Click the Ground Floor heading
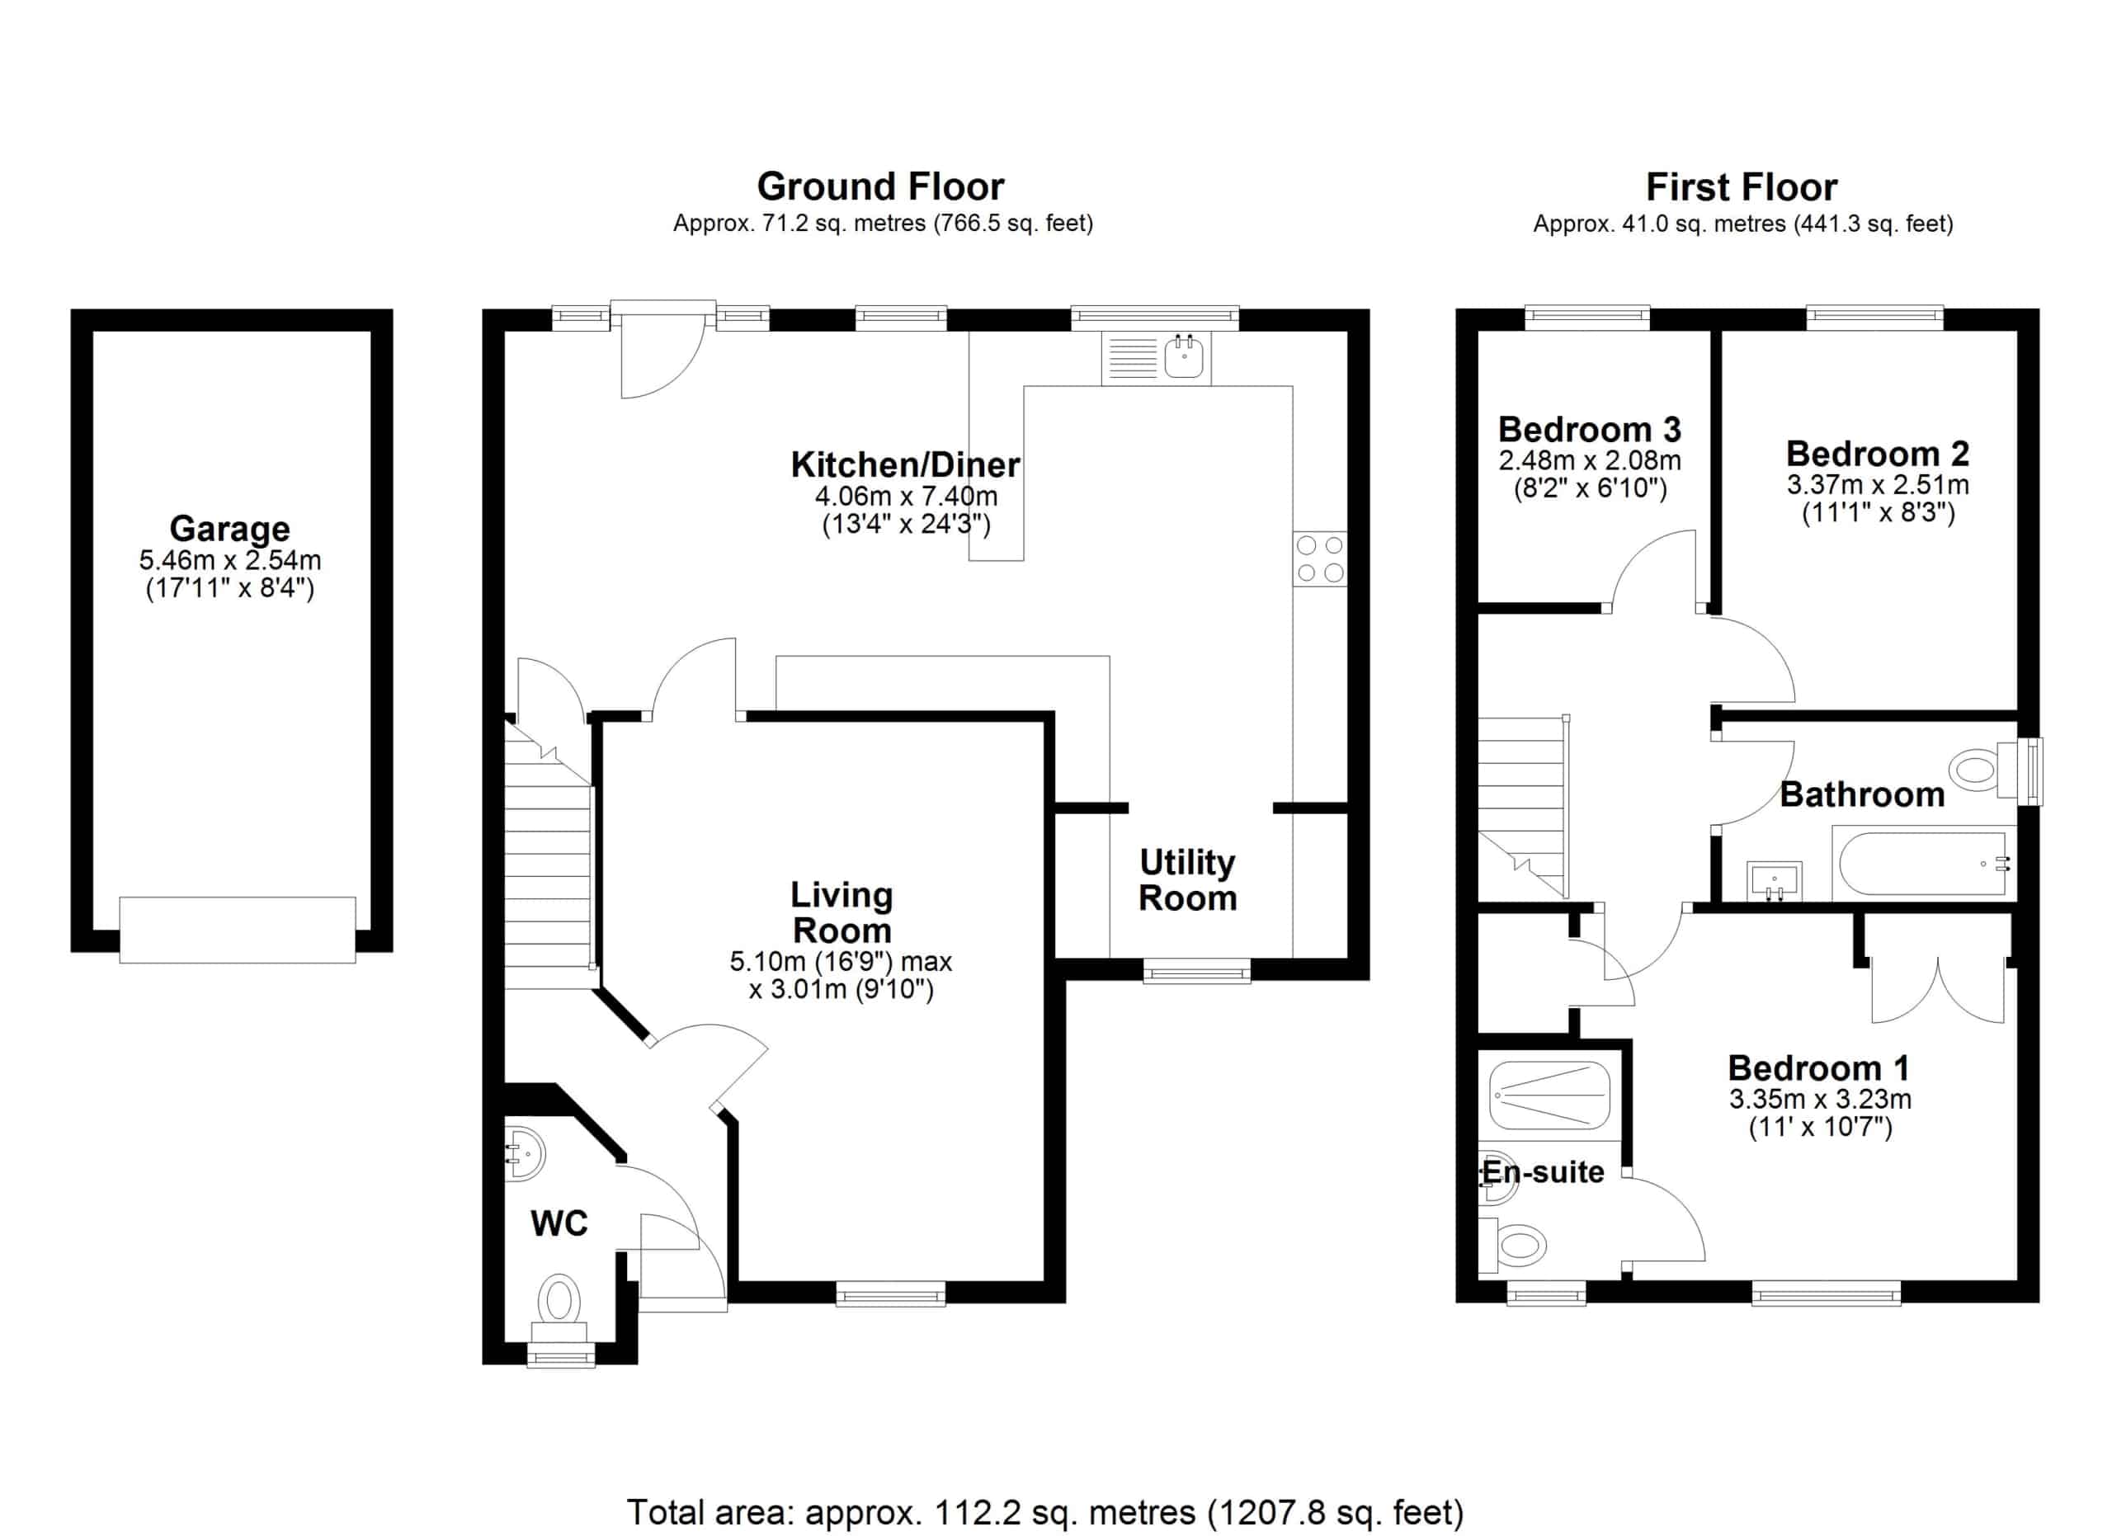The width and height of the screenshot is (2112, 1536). (880, 187)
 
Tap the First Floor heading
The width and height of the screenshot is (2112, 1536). (1742, 188)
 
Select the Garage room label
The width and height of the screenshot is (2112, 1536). (230, 529)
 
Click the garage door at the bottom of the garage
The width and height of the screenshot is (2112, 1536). (238, 929)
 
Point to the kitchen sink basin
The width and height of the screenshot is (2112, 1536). (1184, 356)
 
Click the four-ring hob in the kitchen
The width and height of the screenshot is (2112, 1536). (1319, 558)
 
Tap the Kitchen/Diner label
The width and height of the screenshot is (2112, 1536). (905, 464)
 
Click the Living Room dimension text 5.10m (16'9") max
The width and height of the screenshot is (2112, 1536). (841, 962)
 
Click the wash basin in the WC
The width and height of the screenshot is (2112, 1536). (526, 1154)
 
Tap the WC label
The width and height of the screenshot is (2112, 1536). (559, 1223)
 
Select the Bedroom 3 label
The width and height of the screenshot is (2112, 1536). (1590, 429)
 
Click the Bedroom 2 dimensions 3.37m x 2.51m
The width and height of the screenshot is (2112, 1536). (1878, 485)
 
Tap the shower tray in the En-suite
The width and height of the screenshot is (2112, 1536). (1549, 1095)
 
